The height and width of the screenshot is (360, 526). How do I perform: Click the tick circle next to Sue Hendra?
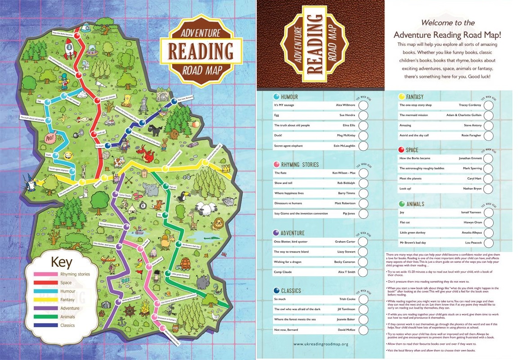[x=364, y=115]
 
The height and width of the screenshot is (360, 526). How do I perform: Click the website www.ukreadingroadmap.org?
[x=321, y=344]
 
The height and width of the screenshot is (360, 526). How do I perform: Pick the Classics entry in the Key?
[x=67, y=325]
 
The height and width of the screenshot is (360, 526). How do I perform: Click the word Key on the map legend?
[x=62, y=262]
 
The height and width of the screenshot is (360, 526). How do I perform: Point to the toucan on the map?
[x=184, y=196]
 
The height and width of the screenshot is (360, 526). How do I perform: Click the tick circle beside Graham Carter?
[x=363, y=242]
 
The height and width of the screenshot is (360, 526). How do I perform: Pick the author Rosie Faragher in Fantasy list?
[x=471, y=135]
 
